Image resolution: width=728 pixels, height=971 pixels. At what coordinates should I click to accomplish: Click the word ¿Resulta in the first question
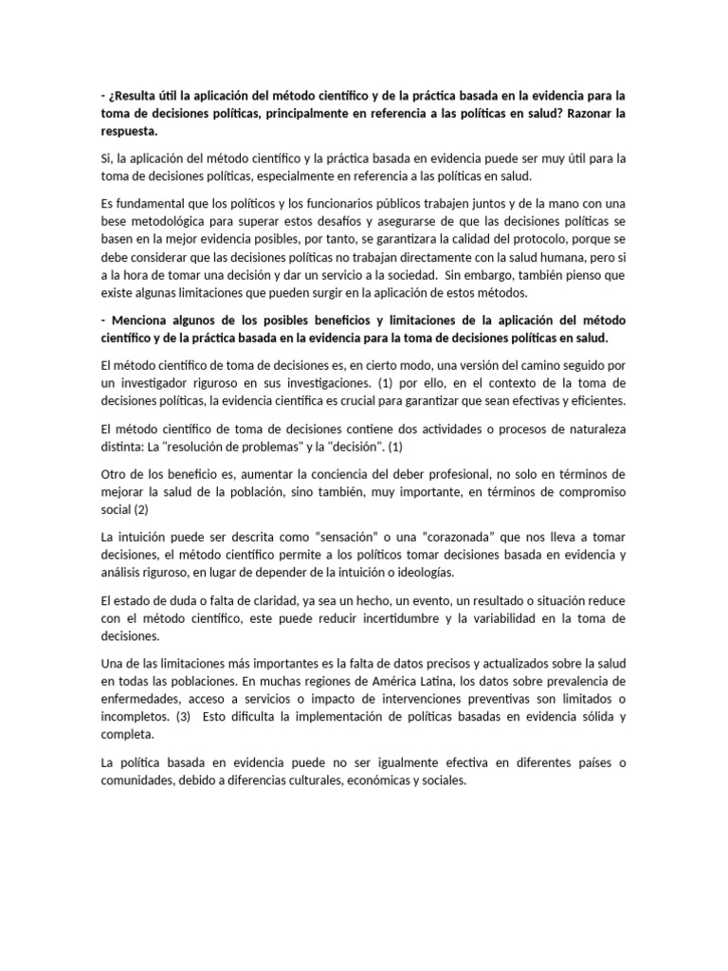click(x=136, y=96)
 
